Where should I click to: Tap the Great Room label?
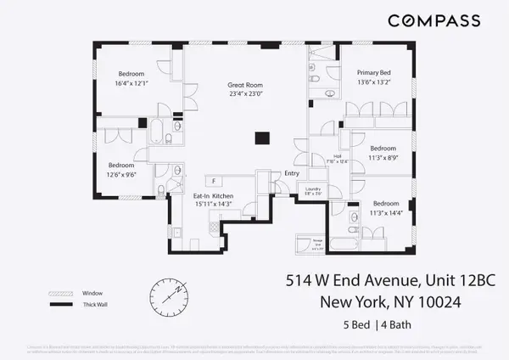(x=247, y=85)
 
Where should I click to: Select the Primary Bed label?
(x=372, y=74)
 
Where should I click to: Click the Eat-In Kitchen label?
(x=213, y=196)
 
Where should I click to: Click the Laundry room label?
(x=313, y=188)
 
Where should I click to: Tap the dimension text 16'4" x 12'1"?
(x=131, y=83)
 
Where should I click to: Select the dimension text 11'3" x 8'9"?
(x=384, y=155)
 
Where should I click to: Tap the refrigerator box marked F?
(x=213, y=181)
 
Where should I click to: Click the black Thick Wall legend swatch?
(x=60, y=304)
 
